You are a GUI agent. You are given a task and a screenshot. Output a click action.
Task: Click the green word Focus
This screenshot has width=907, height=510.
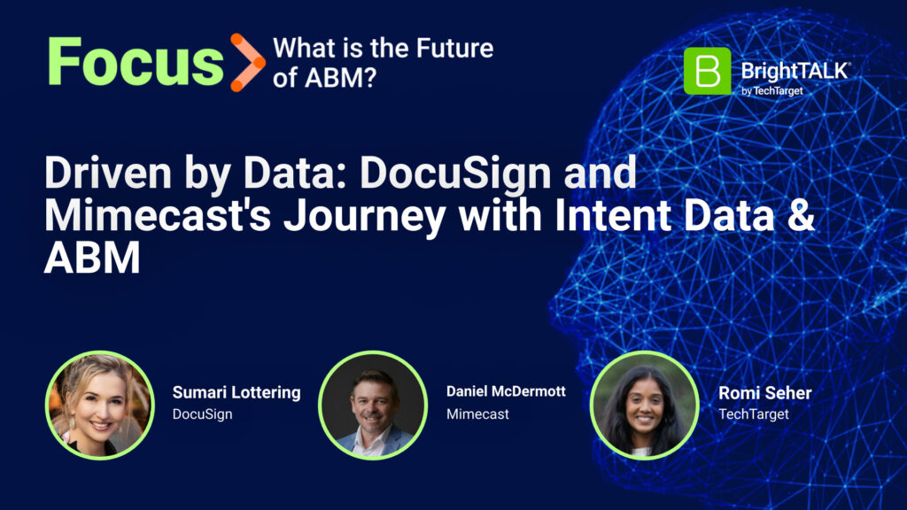[136, 62]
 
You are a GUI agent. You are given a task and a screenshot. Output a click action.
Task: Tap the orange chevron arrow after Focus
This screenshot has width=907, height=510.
[248, 63]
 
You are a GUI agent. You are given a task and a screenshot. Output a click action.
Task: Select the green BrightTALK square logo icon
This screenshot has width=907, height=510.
[707, 71]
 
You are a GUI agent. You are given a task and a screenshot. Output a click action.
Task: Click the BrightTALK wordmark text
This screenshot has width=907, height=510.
[795, 71]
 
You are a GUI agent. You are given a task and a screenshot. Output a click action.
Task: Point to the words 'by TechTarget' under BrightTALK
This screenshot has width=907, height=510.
[772, 91]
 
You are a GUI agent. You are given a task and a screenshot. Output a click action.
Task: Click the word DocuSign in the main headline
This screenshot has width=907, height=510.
[455, 173]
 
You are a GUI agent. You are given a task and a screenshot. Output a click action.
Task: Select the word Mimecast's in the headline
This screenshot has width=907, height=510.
[158, 214]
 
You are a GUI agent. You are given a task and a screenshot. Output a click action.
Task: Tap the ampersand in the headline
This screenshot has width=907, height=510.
[801, 214]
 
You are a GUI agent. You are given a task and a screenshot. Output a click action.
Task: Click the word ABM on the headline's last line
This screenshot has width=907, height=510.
[92, 258]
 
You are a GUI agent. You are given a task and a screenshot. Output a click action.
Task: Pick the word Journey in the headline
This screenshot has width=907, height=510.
[364, 216]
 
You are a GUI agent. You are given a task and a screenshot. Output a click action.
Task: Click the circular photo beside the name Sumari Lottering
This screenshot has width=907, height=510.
[100, 406]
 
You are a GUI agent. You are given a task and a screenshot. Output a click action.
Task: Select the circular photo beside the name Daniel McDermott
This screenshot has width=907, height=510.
[373, 406]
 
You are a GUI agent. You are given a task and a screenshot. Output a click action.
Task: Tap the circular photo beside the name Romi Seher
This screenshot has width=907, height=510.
[645, 406]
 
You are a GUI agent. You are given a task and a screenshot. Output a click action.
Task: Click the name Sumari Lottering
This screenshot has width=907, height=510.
[236, 392]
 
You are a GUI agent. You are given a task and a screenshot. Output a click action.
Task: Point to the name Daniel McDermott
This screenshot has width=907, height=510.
[506, 391]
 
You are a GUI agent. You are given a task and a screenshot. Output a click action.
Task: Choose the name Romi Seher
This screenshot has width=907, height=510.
[764, 393]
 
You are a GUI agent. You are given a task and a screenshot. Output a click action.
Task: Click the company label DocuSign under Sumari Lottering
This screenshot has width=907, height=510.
[203, 414]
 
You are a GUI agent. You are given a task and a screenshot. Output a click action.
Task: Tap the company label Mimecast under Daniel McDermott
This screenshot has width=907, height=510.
[477, 414]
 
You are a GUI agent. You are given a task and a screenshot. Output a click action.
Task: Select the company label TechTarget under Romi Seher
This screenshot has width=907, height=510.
[754, 414]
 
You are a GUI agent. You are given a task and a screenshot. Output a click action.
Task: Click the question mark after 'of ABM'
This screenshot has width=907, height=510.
[369, 78]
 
